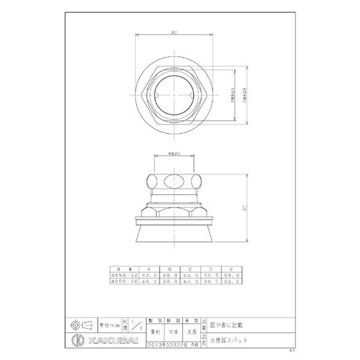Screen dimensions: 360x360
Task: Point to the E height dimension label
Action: (250, 207)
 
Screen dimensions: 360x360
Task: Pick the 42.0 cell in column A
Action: (150, 275)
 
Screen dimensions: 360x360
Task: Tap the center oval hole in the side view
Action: (174, 182)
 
